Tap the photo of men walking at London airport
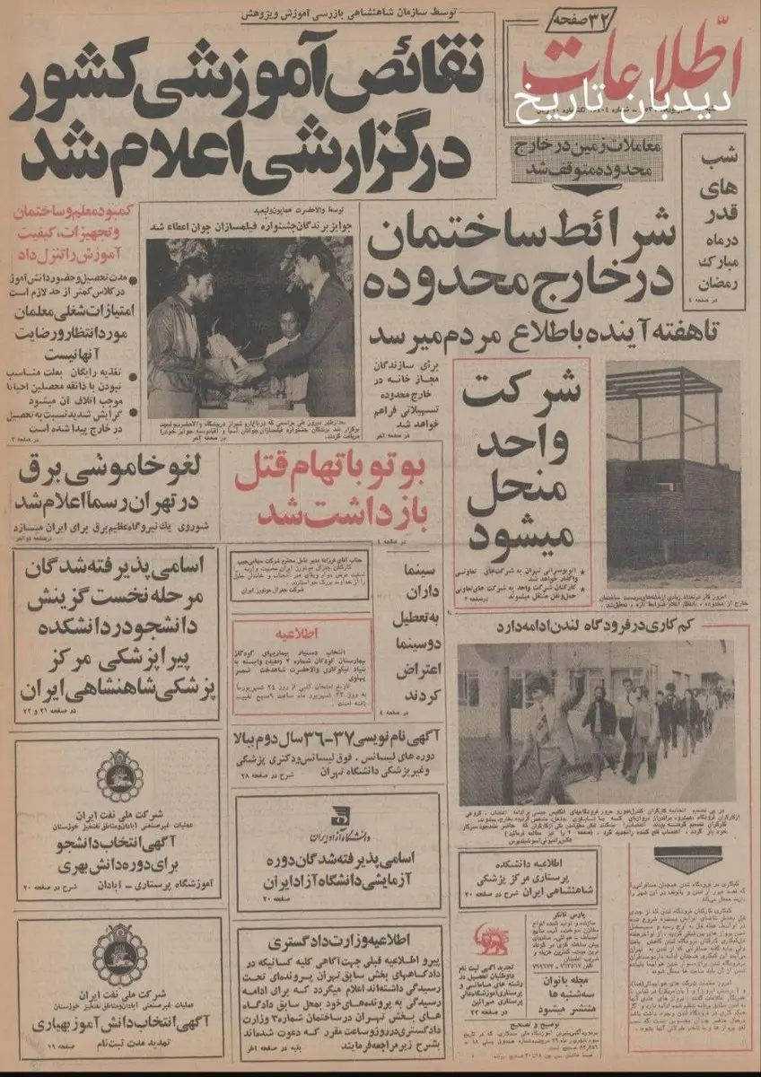point(593,722)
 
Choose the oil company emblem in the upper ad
point(119,775)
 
